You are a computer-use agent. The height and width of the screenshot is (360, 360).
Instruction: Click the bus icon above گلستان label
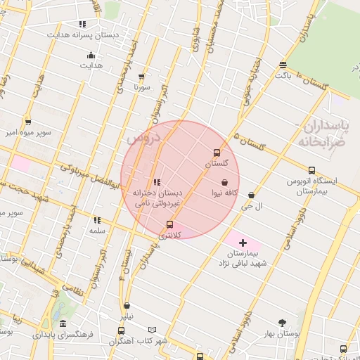216,153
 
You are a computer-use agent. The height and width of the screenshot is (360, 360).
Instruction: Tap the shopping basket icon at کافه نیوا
224,182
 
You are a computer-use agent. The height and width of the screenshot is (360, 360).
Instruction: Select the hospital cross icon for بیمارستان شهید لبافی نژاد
243,243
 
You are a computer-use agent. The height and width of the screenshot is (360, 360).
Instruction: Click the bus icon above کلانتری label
169,225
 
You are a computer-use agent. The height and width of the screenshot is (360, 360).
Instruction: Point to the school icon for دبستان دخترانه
156,183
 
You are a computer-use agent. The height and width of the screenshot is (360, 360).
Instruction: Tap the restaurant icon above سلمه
96,220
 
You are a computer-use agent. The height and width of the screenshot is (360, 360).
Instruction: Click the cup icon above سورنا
142,77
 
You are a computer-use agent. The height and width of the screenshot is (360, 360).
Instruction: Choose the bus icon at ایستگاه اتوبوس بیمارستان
311,170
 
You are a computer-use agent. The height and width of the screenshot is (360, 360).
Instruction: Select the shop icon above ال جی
251,195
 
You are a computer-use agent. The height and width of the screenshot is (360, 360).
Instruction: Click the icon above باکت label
283,64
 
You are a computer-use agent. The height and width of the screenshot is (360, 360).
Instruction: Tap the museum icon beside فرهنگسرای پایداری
63,324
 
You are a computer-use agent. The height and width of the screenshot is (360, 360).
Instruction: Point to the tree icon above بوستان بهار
283,323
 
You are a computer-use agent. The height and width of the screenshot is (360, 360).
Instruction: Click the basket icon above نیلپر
127,306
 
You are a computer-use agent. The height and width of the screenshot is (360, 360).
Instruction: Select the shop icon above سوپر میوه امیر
27,122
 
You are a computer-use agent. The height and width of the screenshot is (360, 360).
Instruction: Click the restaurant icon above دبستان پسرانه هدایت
83,25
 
